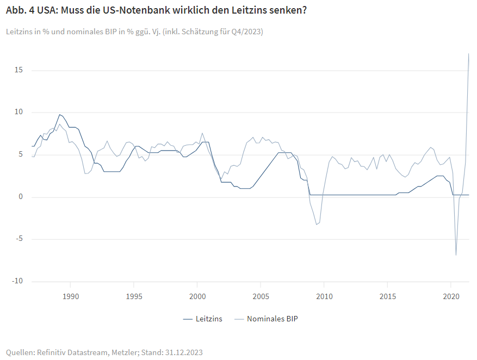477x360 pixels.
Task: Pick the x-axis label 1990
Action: click(x=70, y=296)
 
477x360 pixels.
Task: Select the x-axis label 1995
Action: click(x=134, y=296)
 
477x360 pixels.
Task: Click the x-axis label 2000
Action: click(x=197, y=296)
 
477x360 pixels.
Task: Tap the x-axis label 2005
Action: click(x=261, y=296)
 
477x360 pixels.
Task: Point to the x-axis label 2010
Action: click(x=324, y=296)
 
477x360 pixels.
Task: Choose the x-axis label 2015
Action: click(x=387, y=296)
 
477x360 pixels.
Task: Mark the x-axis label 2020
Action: click(x=450, y=296)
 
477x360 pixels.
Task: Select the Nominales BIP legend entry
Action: click(x=272, y=319)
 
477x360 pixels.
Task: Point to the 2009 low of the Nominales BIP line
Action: click(x=317, y=225)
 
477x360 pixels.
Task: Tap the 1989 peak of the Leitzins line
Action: click(x=59, y=115)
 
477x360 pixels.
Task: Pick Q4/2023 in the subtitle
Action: click(x=244, y=32)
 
